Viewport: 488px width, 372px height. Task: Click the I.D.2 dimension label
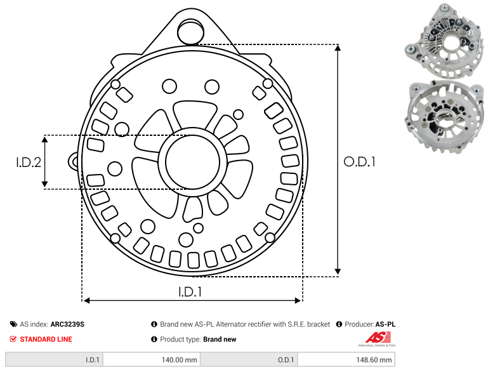29,162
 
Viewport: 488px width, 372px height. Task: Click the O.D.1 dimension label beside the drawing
359,162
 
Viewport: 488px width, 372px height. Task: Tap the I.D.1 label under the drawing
190,291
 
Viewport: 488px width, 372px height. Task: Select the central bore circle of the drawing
193,162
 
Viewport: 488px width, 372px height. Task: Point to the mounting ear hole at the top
190,31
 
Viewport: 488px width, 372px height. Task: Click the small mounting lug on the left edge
74,161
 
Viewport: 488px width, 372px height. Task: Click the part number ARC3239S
67,324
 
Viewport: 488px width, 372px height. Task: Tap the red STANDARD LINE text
46,339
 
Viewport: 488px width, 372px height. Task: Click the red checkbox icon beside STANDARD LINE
13,339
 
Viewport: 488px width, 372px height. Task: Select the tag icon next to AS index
13,324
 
